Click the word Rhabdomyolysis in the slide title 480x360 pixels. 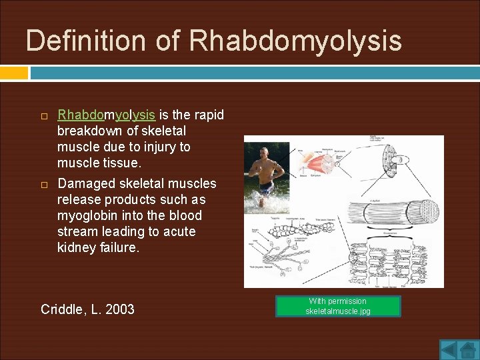pyautogui.click(x=295, y=41)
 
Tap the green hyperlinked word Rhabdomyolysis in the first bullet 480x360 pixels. pyautogui.click(x=106, y=115)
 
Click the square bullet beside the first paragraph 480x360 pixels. pyautogui.click(x=45, y=116)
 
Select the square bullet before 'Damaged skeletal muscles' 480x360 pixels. pyautogui.click(x=45, y=184)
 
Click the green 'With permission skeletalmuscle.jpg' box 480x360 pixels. pyautogui.click(x=337, y=306)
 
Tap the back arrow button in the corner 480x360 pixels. pyautogui.click(x=448, y=349)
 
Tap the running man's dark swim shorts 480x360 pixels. pyautogui.click(x=266, y=187)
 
